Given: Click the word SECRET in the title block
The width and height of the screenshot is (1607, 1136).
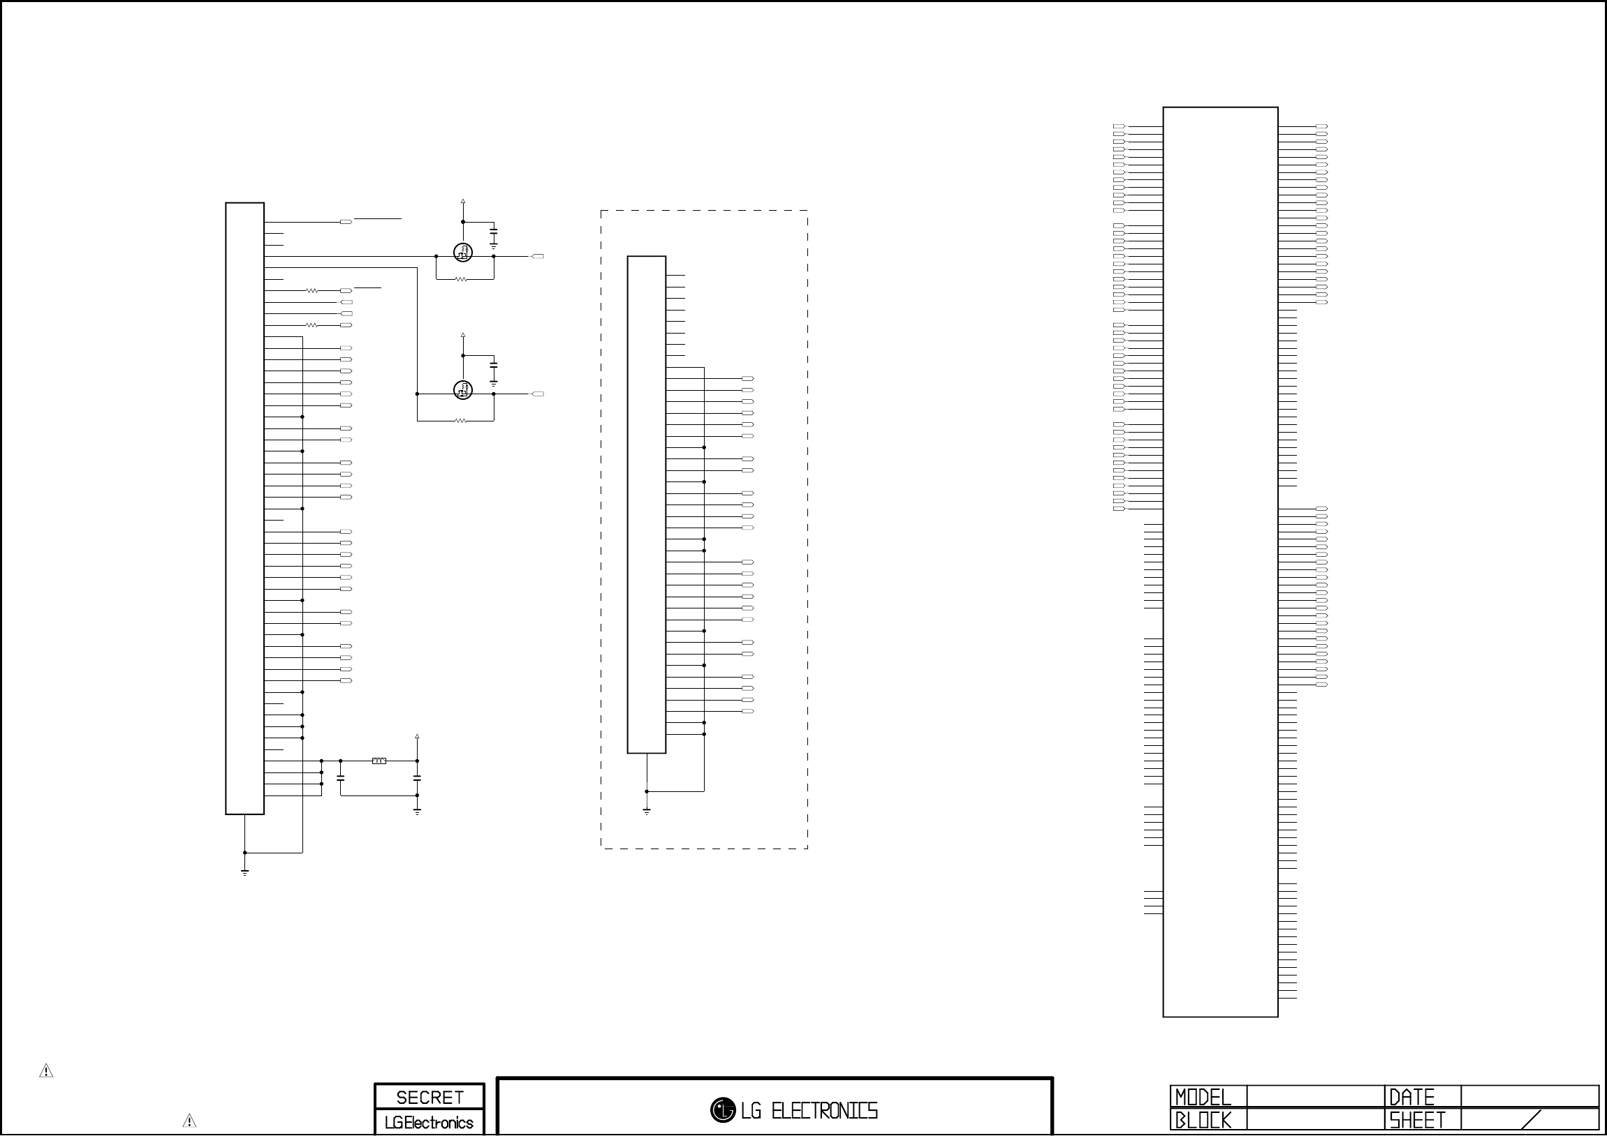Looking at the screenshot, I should (429, 1097).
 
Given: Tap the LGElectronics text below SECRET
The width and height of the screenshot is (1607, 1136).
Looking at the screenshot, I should (429, 1122).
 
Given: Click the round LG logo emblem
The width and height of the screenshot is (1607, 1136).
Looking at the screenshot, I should (722, 1109).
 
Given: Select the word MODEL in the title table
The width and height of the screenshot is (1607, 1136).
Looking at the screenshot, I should (1203, 1097).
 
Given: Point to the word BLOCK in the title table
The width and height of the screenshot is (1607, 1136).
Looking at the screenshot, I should (1203, 1120).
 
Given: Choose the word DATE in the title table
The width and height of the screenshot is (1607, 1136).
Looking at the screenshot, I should (1411, 1097).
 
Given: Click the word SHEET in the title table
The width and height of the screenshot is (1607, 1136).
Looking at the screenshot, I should (1417, 1120).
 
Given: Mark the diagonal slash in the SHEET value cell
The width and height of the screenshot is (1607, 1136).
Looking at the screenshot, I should (1532, 1119).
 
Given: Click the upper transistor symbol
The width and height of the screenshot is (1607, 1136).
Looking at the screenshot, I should (462, 252).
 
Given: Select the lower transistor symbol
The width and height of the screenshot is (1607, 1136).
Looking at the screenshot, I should (462, 389).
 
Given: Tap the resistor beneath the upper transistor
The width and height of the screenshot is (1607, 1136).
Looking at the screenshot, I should (460, 279).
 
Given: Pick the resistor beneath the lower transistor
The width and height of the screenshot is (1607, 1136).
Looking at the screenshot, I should (460, 420).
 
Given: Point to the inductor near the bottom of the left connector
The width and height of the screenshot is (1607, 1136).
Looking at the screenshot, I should (379, 761).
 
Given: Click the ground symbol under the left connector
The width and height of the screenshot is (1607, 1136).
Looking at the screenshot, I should (244, 872).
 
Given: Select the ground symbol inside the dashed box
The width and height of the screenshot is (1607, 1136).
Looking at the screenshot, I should (646, 812).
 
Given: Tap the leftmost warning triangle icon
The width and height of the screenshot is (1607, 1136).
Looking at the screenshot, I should (46, 1070).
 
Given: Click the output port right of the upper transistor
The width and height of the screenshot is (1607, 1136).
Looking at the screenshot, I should (538, 257).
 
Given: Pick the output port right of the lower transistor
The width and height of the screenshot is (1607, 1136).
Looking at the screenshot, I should (538, 394).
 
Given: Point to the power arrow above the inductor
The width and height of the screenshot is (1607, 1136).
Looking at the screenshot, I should (417, 738).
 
